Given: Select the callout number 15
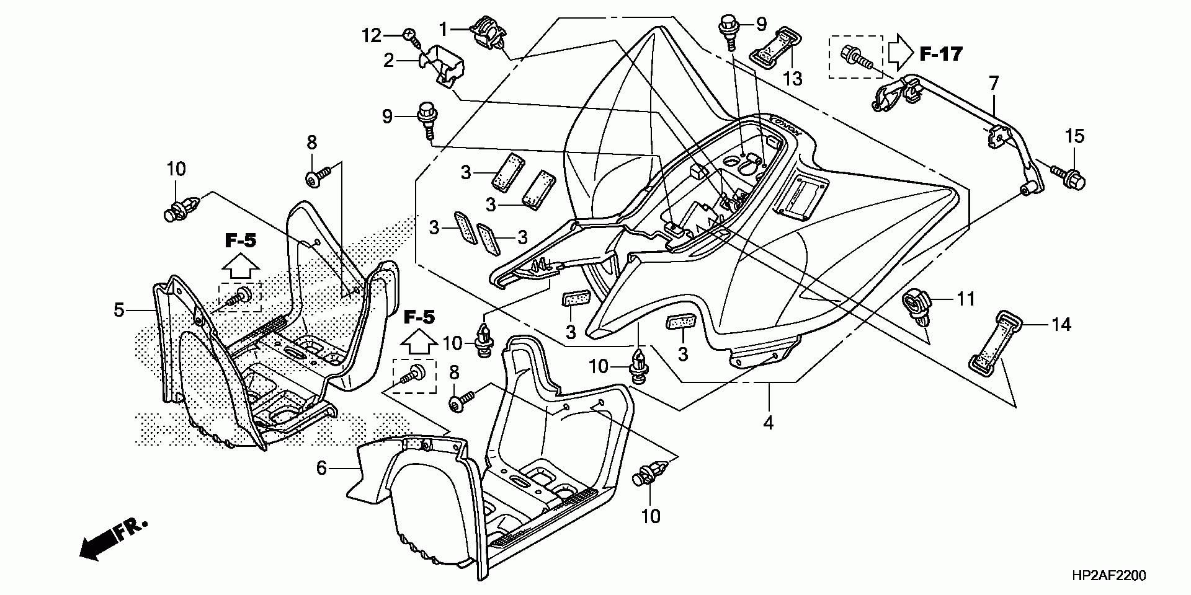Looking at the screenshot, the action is pyautogui.click(x=1075, y=136).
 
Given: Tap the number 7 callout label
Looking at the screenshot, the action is pyautogui.click(x=994, y=82).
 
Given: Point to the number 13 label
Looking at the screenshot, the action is pyautogui.click(x=793, y=79).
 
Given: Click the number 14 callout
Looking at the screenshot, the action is pyautogui.click(x=1062, y=324).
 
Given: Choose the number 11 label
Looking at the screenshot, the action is pyautogui.click(x=965, y=299).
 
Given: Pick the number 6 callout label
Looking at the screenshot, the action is pyautogui.click(x=321, y=468).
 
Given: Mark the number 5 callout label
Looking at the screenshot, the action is pyautogui.click(x=119, y=309).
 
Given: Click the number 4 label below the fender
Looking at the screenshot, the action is pyautogui.click(x=768, y=423).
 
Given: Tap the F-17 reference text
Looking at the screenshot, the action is pyautogui.click(x=940, y=54).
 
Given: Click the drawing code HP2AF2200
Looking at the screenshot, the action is pyautogui.click(x=1108, y=576).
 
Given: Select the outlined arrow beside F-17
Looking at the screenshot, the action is pyautogui.click(x=900, y=53).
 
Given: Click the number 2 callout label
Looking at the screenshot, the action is pyautogui.click(x=389, y=60).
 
